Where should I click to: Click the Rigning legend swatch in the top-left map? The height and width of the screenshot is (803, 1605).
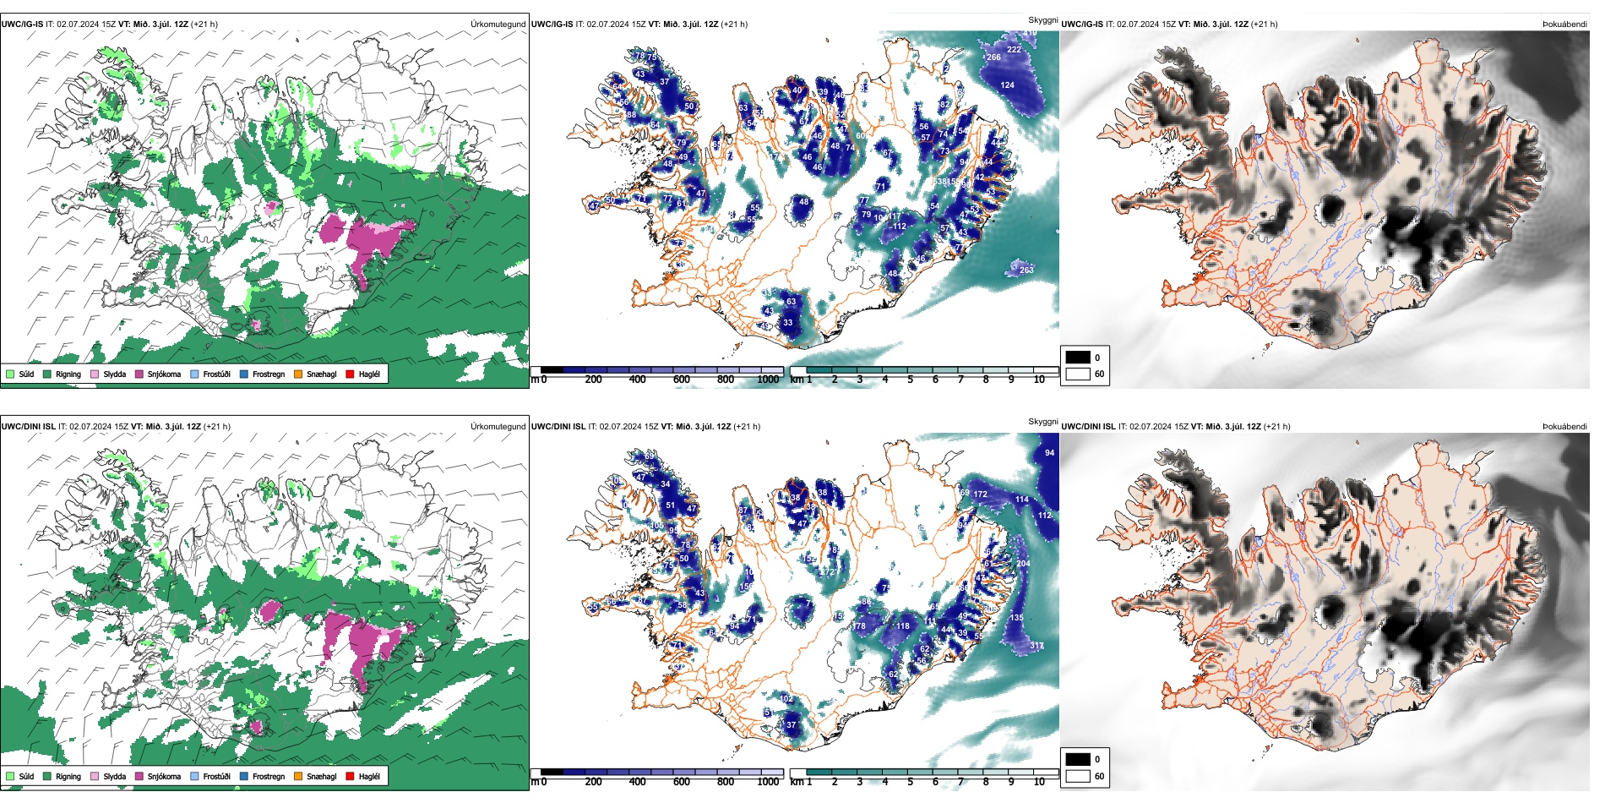point(47,374)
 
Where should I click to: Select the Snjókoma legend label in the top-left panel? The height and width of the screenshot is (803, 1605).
point(164,374)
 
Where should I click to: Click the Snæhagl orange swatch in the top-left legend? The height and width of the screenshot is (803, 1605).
point(298,374)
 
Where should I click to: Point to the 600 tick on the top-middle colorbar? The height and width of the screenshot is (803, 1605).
point(681,380)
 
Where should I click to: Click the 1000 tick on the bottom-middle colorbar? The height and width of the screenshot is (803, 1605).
point(768,782)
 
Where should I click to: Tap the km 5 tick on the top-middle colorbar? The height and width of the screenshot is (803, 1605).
point(910,380)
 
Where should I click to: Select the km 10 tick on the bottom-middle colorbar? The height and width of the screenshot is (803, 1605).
point(1039,782)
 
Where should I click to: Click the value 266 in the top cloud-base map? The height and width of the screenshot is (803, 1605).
point(993,57)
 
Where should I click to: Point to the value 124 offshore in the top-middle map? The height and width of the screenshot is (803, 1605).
point(1007,85)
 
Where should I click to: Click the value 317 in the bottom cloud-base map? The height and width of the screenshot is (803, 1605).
point(1036,646)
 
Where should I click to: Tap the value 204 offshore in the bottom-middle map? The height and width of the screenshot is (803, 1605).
point(1023,564)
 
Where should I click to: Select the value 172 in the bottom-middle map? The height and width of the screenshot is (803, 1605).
point(980,494)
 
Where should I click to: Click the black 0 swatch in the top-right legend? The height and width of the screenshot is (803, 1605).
point(1078,358)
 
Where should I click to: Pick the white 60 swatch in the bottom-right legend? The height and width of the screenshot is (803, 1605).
point(1078,775)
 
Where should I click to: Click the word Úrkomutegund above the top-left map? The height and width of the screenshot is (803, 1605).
point(498,25)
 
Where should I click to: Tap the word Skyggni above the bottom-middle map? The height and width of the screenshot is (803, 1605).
point(1042,422)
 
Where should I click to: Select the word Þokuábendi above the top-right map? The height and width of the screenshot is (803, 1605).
point(1564,25)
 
